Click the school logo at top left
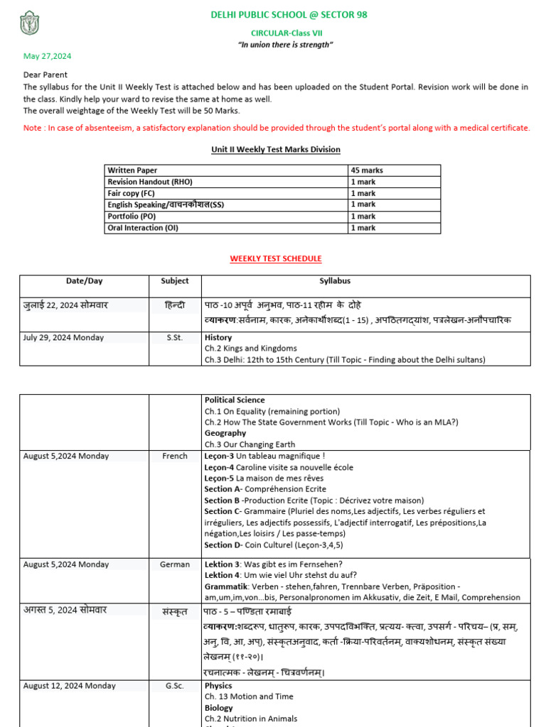pos(29,23)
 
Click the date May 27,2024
pos(47,56)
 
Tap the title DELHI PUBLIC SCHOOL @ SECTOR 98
pos(289,15)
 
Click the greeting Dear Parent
pos(45,75)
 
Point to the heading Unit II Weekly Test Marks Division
pos(276,149)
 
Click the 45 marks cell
pos(366,170)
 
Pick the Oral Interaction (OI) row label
pos(142,228)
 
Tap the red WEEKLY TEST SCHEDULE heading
pos(276,258)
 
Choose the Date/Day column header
pos(85,281)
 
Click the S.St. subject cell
pos(174,337)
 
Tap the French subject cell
pos(175,456)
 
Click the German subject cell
pos(175,564)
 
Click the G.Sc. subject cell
pos(175,686)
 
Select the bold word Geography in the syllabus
pos(225,433)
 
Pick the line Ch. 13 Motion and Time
pos(249,696)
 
